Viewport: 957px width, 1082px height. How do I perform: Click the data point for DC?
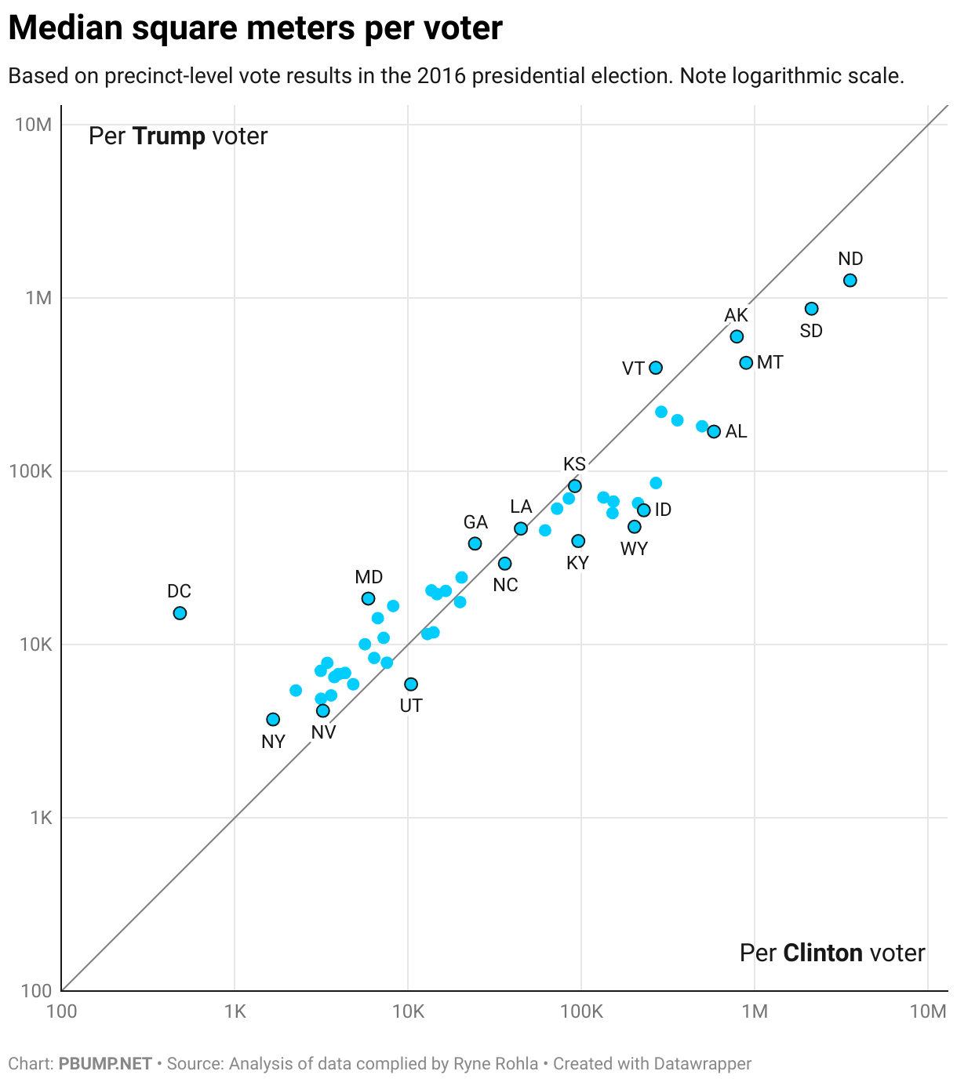[180, 613]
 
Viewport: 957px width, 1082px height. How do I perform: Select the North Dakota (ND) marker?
[850, 281]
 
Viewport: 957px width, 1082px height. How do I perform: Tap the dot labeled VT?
[656, 368]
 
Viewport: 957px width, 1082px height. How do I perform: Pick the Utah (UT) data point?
[411, 684]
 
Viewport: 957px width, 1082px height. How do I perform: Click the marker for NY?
[273, 720]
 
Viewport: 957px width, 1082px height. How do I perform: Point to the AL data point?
[714, 432]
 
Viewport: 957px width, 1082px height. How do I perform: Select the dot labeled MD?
[368, 599]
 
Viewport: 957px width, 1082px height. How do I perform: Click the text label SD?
[811, 331]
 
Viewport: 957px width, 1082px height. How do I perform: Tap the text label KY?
[577, 563]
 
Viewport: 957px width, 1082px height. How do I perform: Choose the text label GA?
[475, 522]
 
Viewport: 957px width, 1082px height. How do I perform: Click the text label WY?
[634, 549]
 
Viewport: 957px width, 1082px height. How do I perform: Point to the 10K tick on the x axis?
[408, 1011]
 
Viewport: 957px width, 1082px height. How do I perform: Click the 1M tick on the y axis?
[38, 298]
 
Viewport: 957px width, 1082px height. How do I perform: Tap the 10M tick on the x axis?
[928, 1011]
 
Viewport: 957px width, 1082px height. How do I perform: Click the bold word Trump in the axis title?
[169, 136]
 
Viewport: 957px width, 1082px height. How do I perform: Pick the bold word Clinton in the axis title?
[822, 953]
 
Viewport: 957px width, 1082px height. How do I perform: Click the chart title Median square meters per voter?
[255, 29]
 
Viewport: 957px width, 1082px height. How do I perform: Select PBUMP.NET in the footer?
[105, 1064]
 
